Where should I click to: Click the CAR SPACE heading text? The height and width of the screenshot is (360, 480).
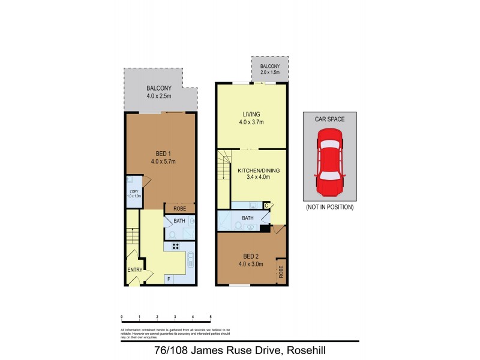point(329,119)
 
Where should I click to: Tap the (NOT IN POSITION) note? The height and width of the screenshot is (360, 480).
point(329,207)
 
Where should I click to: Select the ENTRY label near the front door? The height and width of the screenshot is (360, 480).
point(134,269)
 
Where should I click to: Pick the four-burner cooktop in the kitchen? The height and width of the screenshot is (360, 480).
point(177,245)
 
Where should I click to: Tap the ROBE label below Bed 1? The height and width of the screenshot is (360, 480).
point(179,209)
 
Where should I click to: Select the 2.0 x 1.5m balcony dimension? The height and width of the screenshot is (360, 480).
point(270,72)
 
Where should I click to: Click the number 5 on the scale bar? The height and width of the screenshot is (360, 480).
point(211,316)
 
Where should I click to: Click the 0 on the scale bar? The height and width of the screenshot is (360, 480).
point(122,316)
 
